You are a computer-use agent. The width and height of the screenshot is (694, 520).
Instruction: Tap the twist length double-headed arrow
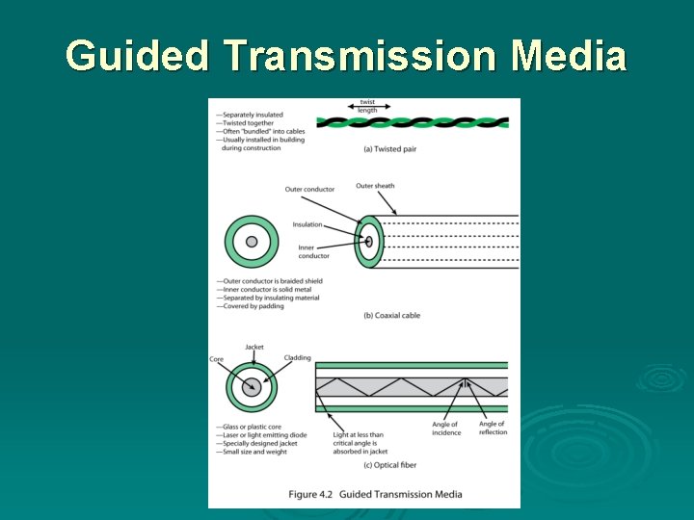[367, 105]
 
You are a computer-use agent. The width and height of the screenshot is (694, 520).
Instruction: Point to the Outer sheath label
[375, 186]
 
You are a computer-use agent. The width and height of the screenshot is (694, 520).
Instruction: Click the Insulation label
[307, 224]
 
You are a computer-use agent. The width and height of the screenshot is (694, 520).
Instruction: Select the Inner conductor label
[313, 251]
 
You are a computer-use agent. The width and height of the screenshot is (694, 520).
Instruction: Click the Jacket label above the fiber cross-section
[254, 348]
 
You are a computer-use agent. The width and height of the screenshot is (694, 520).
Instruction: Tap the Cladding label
[297, 358]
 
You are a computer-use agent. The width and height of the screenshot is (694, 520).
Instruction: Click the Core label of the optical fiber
[216, 359]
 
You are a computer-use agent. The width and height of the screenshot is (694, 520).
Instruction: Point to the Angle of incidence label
[445, 428]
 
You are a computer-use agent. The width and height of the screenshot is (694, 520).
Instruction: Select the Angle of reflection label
[492, 428]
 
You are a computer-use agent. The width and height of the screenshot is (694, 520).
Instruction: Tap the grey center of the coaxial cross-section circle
[252, 242]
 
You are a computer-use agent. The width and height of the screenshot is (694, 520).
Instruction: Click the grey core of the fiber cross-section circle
[252, 388]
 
